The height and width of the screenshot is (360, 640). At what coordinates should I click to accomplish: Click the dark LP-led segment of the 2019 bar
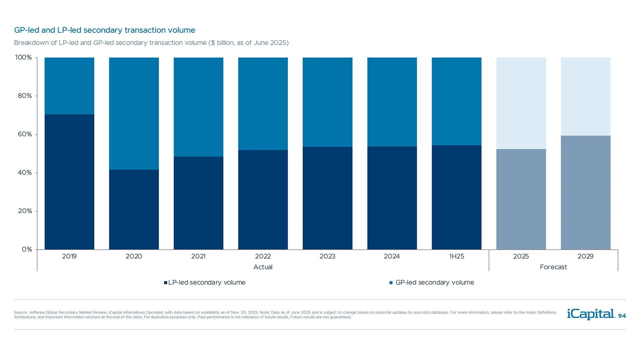(x=69, y=182)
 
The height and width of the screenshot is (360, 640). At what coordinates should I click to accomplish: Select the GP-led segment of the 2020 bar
(x=134, y=113)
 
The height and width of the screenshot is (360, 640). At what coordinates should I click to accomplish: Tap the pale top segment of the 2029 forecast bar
(x=586, y=96)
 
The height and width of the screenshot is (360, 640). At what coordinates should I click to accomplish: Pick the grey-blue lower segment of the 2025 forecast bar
(x=521, y=199)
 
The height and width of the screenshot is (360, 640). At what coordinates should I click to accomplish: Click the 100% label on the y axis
(x=23, y=57)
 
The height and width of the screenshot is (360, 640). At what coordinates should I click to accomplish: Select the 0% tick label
(x=27, y=249)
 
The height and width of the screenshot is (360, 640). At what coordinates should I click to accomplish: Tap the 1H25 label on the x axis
(x=457, y=256)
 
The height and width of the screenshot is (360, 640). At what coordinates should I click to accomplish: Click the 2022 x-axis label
(x=263, y=256)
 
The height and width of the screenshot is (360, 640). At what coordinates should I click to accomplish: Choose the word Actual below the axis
(x=263, y=267)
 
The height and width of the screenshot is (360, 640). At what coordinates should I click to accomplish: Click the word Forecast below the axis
(x=553, y=267)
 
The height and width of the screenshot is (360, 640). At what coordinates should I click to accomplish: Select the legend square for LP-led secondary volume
(x=166, y=283)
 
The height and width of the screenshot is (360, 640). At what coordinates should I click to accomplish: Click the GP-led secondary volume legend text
(x=435, y=282)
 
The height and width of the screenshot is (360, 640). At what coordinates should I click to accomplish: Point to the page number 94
(x=622, y=316)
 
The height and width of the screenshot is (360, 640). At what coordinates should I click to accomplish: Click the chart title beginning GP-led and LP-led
(x=105, y=30)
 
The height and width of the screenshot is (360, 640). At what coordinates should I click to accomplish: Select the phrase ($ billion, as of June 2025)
(x=249, y=43)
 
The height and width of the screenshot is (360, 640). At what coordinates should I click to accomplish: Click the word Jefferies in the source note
(x=37, y=312)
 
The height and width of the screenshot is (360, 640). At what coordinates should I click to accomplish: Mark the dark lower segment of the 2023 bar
(x=327, y=198)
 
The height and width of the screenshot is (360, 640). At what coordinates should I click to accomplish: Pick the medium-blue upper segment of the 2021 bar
(x=198, y=107)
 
